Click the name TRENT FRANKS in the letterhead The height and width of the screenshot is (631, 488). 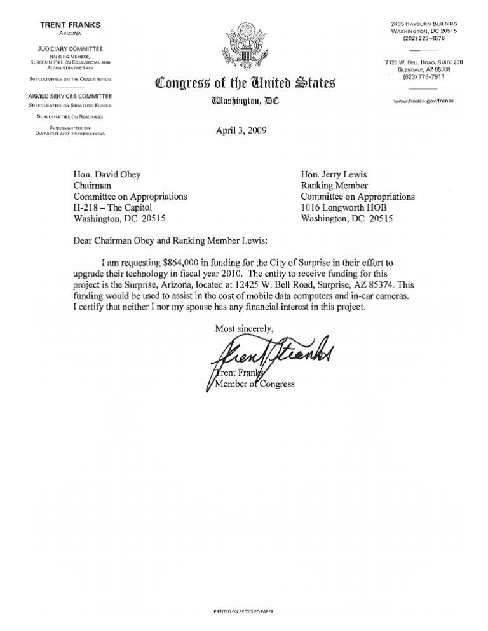tap(70, 25)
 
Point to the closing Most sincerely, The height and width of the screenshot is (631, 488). tap(244, 329)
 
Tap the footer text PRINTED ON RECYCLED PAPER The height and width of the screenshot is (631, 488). tap(244, 611)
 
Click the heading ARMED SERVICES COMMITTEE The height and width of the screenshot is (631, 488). tap(70, 95)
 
